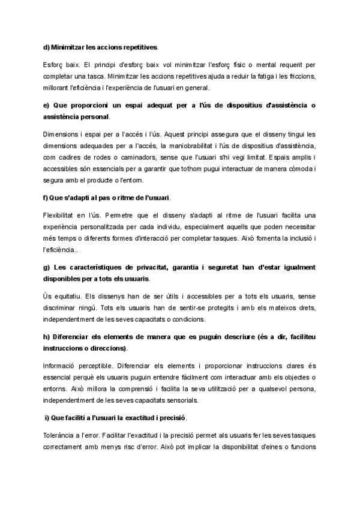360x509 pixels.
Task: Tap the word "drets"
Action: point(300,308)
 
